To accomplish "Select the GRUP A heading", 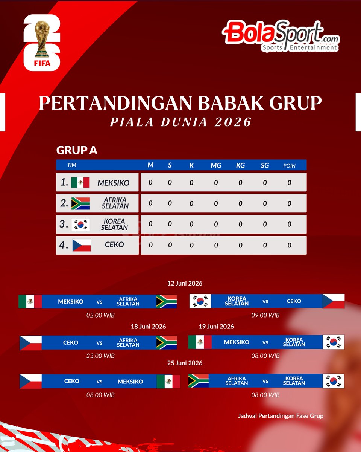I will [77, 150].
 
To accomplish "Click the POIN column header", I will [289, 165].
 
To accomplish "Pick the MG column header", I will [216, 165].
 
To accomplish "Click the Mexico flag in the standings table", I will [80, 183].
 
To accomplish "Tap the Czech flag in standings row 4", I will [82, 245].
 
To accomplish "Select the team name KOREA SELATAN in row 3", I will [114, 224].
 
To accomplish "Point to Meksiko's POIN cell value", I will [289, 183].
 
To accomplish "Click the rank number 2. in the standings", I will [64, 203].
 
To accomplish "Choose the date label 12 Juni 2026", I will [185, 283].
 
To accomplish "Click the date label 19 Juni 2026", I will [217, 326].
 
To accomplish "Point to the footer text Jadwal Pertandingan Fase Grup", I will [281, 416].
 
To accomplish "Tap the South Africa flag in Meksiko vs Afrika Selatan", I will [167, 302].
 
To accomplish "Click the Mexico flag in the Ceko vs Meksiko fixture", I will [168, 381].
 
